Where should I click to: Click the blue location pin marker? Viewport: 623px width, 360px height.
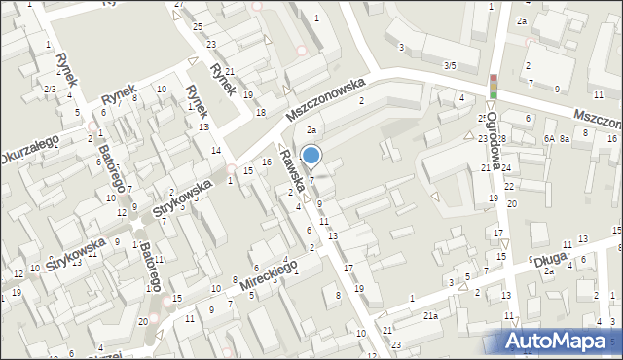(311, 156)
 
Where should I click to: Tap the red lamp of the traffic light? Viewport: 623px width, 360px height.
(494, 79)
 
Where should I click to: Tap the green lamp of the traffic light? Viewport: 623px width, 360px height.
(494, 94)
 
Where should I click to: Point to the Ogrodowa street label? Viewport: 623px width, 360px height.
(495, 139)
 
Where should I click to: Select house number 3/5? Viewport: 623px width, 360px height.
(449, 65)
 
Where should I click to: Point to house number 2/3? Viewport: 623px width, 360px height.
(49, 90)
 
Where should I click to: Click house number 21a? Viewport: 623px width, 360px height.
(429, 316)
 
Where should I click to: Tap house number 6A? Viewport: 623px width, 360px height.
(550, 139)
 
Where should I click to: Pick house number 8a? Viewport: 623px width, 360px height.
(564, 139)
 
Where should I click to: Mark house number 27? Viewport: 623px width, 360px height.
(178, 5)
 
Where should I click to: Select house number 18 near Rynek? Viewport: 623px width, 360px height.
(260, 113)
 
